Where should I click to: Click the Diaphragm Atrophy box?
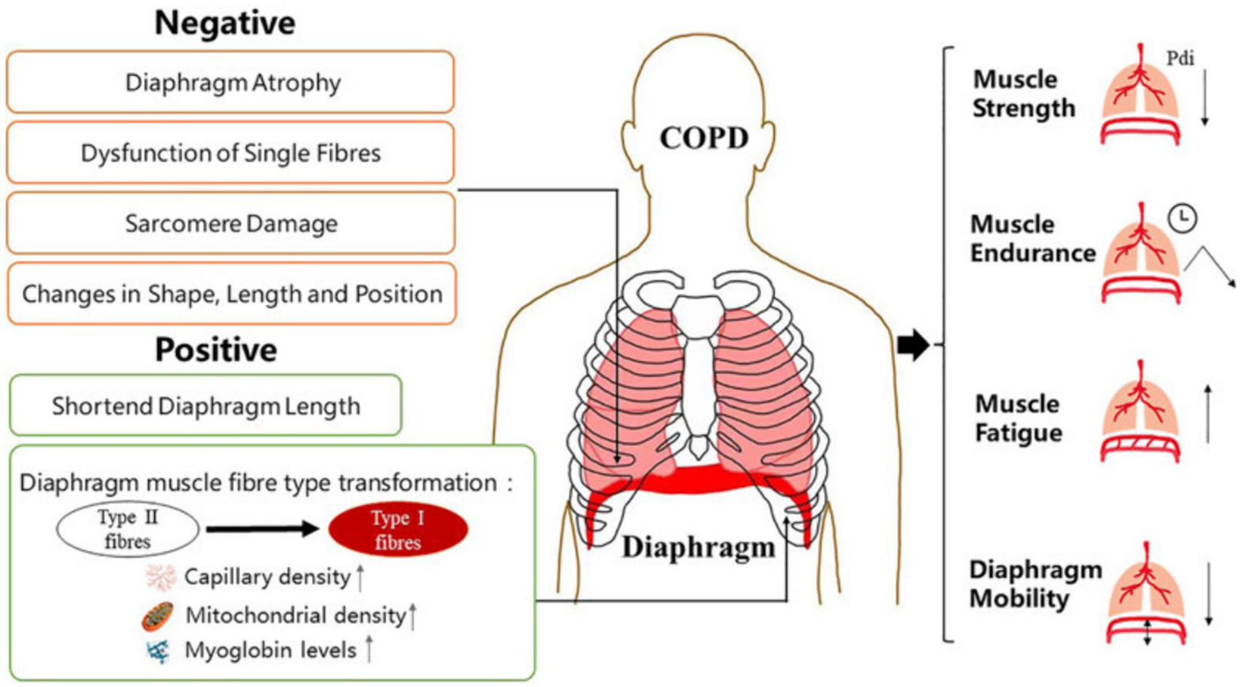pos(231,83)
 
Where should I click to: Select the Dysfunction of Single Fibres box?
pos(231,153)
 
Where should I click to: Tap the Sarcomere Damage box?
pos(231,223)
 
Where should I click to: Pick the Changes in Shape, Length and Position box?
pos(231,294)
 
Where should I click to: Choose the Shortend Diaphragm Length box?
pos(206,405)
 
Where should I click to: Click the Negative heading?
pos(225,23)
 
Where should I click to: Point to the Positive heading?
pos(216,350)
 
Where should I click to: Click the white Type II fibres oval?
pos(128,530)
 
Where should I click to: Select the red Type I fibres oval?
pos(397,530)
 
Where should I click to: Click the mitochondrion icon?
pos(158,616)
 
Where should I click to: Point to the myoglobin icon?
pos(158,651)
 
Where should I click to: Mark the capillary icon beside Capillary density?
pos(160,577)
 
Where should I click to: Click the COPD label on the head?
pos(703,138)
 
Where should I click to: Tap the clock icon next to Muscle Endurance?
pos(1182,218)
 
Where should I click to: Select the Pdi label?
pos(1180,58)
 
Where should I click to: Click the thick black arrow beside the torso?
pos(913,345)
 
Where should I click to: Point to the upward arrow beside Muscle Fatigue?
pos(1208,413)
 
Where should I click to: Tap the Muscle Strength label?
pos(1024,94)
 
